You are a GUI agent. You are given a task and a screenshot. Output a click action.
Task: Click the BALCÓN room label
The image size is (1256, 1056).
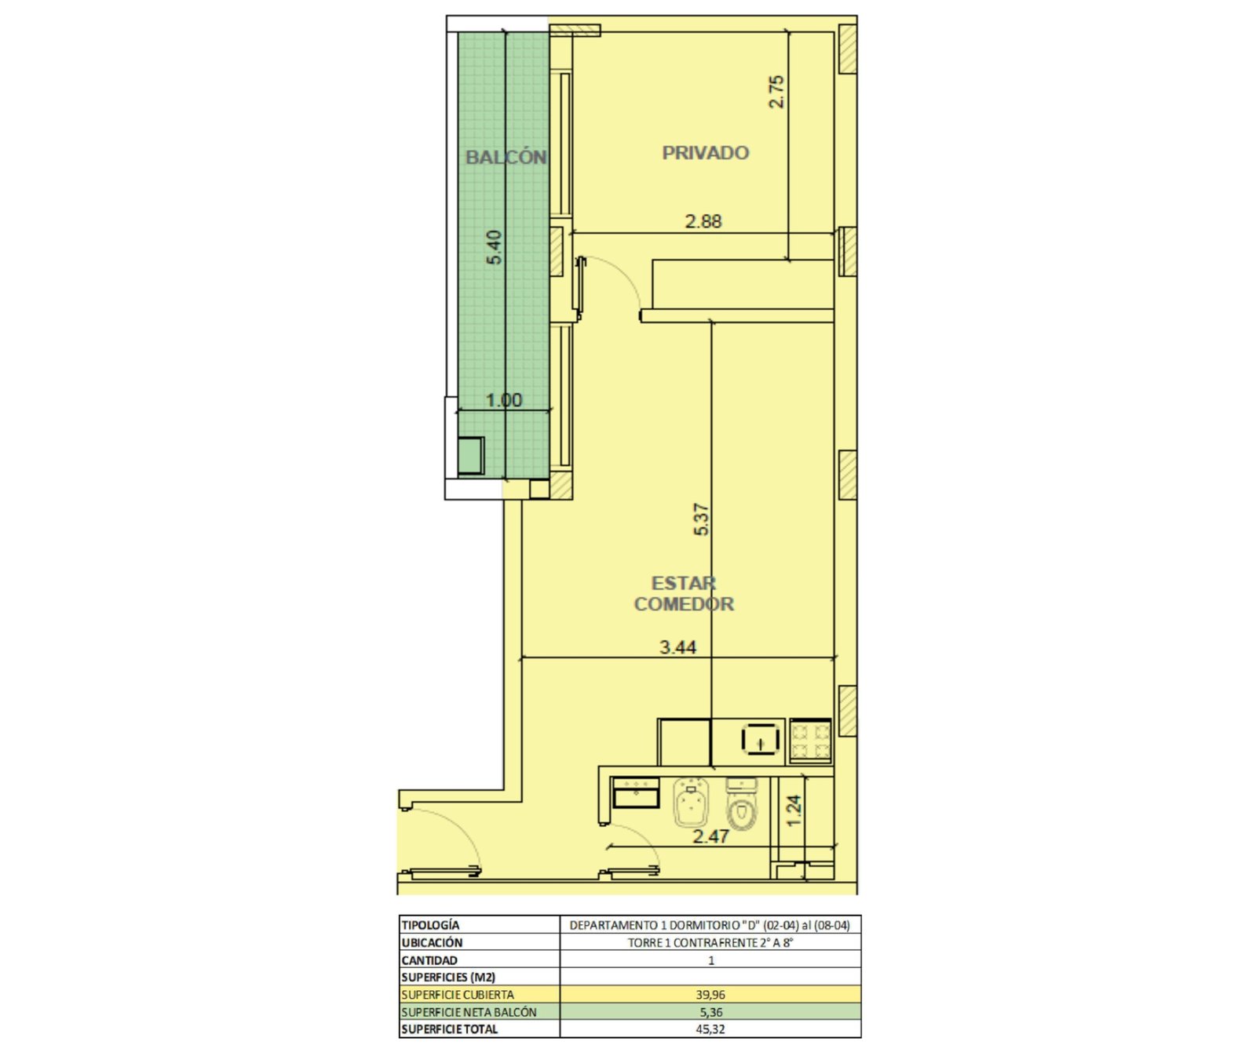coord(506,157)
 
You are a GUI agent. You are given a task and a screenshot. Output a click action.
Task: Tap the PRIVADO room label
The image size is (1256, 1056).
coord(705,153)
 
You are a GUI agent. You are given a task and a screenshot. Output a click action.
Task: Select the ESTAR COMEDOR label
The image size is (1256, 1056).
coord(684,594)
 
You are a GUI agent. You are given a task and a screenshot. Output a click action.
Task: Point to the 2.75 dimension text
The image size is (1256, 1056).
coord(776,92)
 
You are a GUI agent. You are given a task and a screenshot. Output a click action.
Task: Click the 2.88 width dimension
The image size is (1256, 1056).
coord(703,221)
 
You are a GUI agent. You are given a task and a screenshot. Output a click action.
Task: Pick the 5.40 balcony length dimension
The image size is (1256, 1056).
coord(494,247)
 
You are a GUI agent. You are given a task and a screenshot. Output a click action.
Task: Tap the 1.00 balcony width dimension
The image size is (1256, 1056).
coord(503,400)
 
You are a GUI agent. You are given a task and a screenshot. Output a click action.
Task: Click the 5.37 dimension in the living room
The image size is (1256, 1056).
coord(701,519)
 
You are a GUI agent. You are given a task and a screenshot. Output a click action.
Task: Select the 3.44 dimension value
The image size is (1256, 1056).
coord(677,647)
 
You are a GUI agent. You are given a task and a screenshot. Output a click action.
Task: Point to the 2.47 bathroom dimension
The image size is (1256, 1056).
coord(710,836)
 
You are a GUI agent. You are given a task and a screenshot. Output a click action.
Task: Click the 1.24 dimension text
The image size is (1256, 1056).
coord(794,810)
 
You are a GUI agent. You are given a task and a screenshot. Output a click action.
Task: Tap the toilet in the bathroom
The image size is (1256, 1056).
coord(741,804)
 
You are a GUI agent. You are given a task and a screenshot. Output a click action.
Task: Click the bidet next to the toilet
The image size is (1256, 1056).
coord(690,802)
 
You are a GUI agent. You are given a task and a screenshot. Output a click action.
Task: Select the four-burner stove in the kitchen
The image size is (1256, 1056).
coord(810,741)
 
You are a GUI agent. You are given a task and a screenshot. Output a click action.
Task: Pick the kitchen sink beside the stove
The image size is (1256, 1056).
coord(760,740)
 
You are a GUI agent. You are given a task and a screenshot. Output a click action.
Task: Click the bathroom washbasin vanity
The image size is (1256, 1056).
coord(635,792)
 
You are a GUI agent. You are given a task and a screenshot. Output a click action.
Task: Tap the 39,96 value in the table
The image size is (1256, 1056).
coord(710,994)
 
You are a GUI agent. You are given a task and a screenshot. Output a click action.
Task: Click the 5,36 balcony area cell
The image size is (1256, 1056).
coord(710,1012)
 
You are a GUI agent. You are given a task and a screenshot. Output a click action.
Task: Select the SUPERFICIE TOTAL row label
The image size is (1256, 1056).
coord(449,1029)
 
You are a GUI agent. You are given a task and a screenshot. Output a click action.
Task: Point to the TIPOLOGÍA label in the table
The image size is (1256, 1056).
coord(430,925)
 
